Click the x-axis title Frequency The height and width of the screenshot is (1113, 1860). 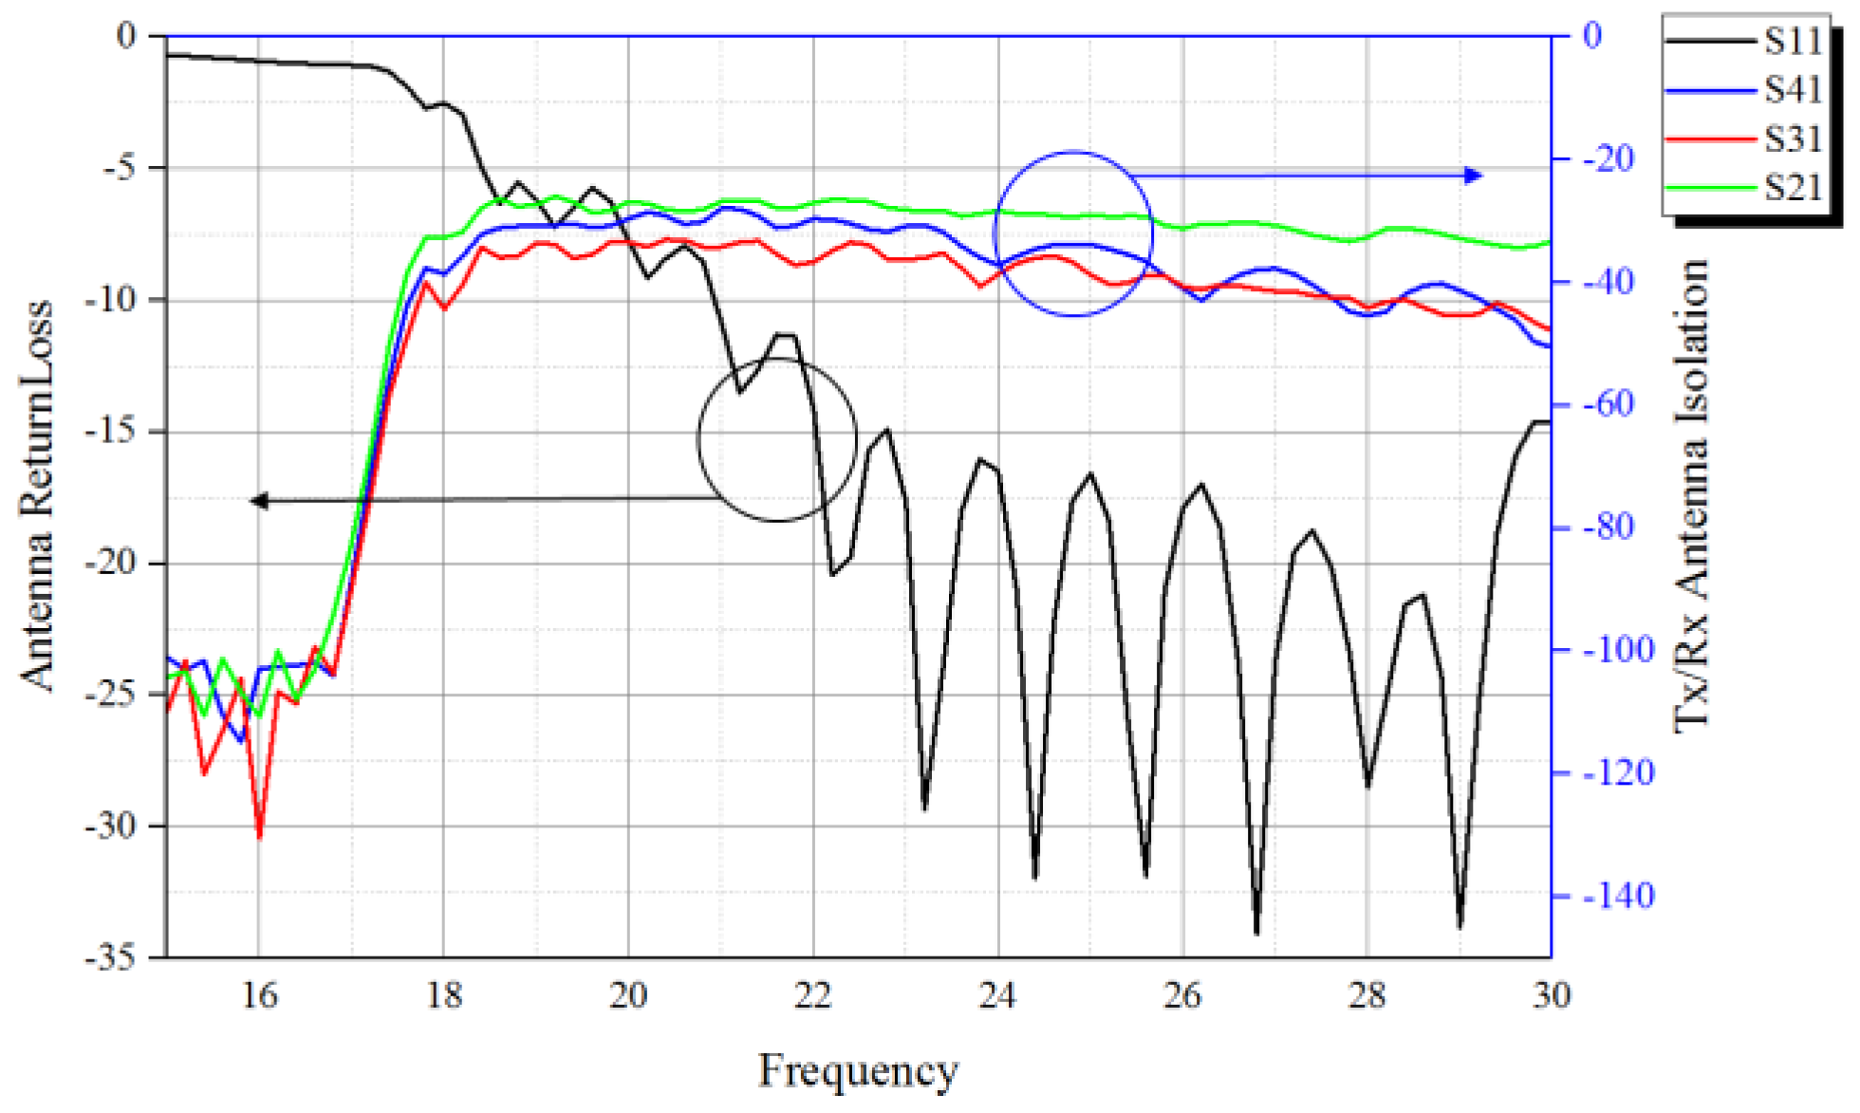[858, 1071]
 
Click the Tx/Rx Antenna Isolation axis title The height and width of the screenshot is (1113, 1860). [1690, 495]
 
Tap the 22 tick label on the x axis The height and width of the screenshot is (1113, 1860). [812, 995]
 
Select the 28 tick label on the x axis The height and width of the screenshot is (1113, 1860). [1367, 995]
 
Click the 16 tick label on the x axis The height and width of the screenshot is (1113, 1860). [258, 995]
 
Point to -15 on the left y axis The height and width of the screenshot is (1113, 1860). [111, 431]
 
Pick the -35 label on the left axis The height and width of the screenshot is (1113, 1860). [111, 957]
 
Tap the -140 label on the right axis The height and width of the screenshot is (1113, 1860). [1618, 895]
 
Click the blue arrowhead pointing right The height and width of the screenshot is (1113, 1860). [1473, 175]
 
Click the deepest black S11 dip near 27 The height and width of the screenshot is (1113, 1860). [1256, 934]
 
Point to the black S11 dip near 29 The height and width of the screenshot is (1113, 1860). [1460, 926]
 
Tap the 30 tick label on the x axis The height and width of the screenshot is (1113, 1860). [1551, 995]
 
